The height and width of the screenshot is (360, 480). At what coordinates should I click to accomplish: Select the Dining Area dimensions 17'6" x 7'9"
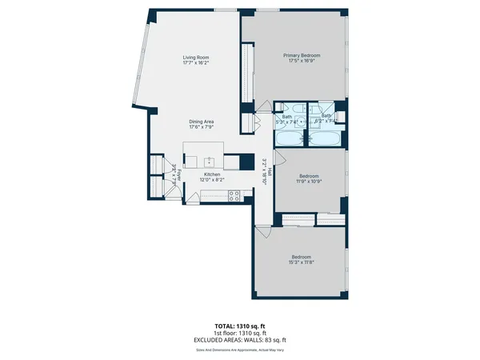point(201,127)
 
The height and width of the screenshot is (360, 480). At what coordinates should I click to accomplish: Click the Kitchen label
point(211,174)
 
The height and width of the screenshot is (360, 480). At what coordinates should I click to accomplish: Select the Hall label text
point(270,171)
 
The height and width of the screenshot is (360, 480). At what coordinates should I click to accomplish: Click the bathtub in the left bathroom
point(289,139)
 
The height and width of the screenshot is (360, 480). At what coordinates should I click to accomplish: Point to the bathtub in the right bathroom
point(326,139)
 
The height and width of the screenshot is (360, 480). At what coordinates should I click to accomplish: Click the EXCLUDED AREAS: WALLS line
point(240,342)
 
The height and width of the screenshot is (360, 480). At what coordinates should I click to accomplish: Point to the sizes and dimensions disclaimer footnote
point(240,350)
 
